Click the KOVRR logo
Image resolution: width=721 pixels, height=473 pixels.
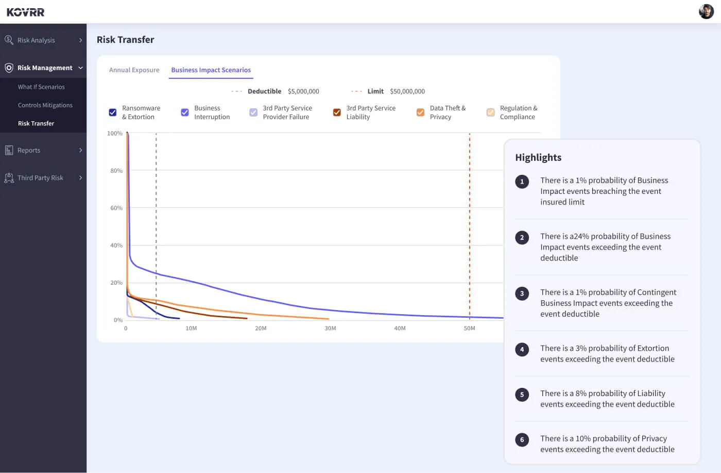coord(25,12)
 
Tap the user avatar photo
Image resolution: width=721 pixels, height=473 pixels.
coord(706,11)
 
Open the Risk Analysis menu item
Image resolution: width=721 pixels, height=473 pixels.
coord(36,40)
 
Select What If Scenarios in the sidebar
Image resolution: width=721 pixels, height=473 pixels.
coord(41,87)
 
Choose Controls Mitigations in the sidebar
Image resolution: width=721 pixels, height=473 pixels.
coord(45,105)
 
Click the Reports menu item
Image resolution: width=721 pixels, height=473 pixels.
coord(29,151)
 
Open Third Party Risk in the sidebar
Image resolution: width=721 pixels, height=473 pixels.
coord(40,178)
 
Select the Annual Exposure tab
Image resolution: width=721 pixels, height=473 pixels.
coord(134,70)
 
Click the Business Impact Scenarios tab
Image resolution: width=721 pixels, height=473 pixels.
coord(211,70)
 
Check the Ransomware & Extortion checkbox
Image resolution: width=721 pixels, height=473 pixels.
coord(113,112)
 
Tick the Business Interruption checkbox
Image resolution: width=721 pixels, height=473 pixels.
coord(185,112)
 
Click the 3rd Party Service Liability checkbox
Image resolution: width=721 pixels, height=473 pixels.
coord(337,112)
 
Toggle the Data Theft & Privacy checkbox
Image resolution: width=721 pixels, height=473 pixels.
coord(420,112)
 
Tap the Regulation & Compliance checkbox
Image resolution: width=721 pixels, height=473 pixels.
coord(490,112)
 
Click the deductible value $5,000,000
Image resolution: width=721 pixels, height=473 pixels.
coord(303,91)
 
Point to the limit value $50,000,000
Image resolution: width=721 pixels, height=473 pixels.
coord(407,91)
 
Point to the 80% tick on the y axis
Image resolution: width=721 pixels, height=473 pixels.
coord(116,171)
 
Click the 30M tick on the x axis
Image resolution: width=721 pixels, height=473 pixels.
coord(330,329)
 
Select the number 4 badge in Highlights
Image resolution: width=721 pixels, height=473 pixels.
coord(522,350)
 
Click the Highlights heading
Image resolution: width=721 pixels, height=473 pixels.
coord(538,158)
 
